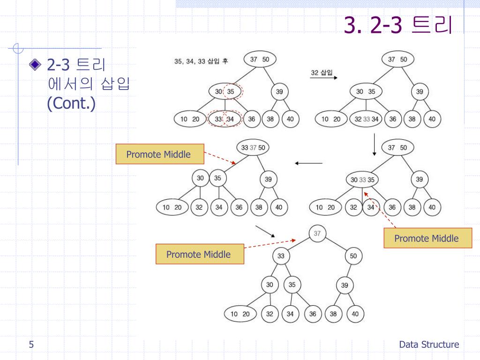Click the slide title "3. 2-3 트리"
point(398,25)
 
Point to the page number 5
point(31,345)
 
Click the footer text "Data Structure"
point(429,345)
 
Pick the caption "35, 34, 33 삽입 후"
point(201,61)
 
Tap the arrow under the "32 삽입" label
point(323,79)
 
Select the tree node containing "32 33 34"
point(367,119)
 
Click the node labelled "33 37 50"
point(253,148)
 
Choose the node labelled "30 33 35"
point(362,180)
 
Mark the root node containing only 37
point(317,233)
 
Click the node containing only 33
point(281,256)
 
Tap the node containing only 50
point(353,256)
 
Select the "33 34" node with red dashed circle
point(225,119)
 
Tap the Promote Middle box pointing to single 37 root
point(200,254)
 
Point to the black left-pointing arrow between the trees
point(308,163)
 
